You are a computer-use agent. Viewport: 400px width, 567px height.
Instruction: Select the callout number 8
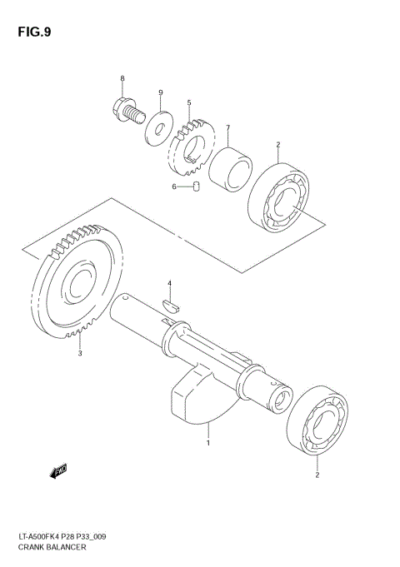[122, 79]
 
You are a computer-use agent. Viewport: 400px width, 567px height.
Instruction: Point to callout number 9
[161, 92]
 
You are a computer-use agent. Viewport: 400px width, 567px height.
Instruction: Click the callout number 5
[189, 104]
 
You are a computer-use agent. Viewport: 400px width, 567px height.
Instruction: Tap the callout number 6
[174, 187]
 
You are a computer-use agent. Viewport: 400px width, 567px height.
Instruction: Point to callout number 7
[227, 129]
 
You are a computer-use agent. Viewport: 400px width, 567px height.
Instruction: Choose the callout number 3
[79, 354]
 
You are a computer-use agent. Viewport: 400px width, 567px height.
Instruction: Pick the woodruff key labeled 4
[170, 305]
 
